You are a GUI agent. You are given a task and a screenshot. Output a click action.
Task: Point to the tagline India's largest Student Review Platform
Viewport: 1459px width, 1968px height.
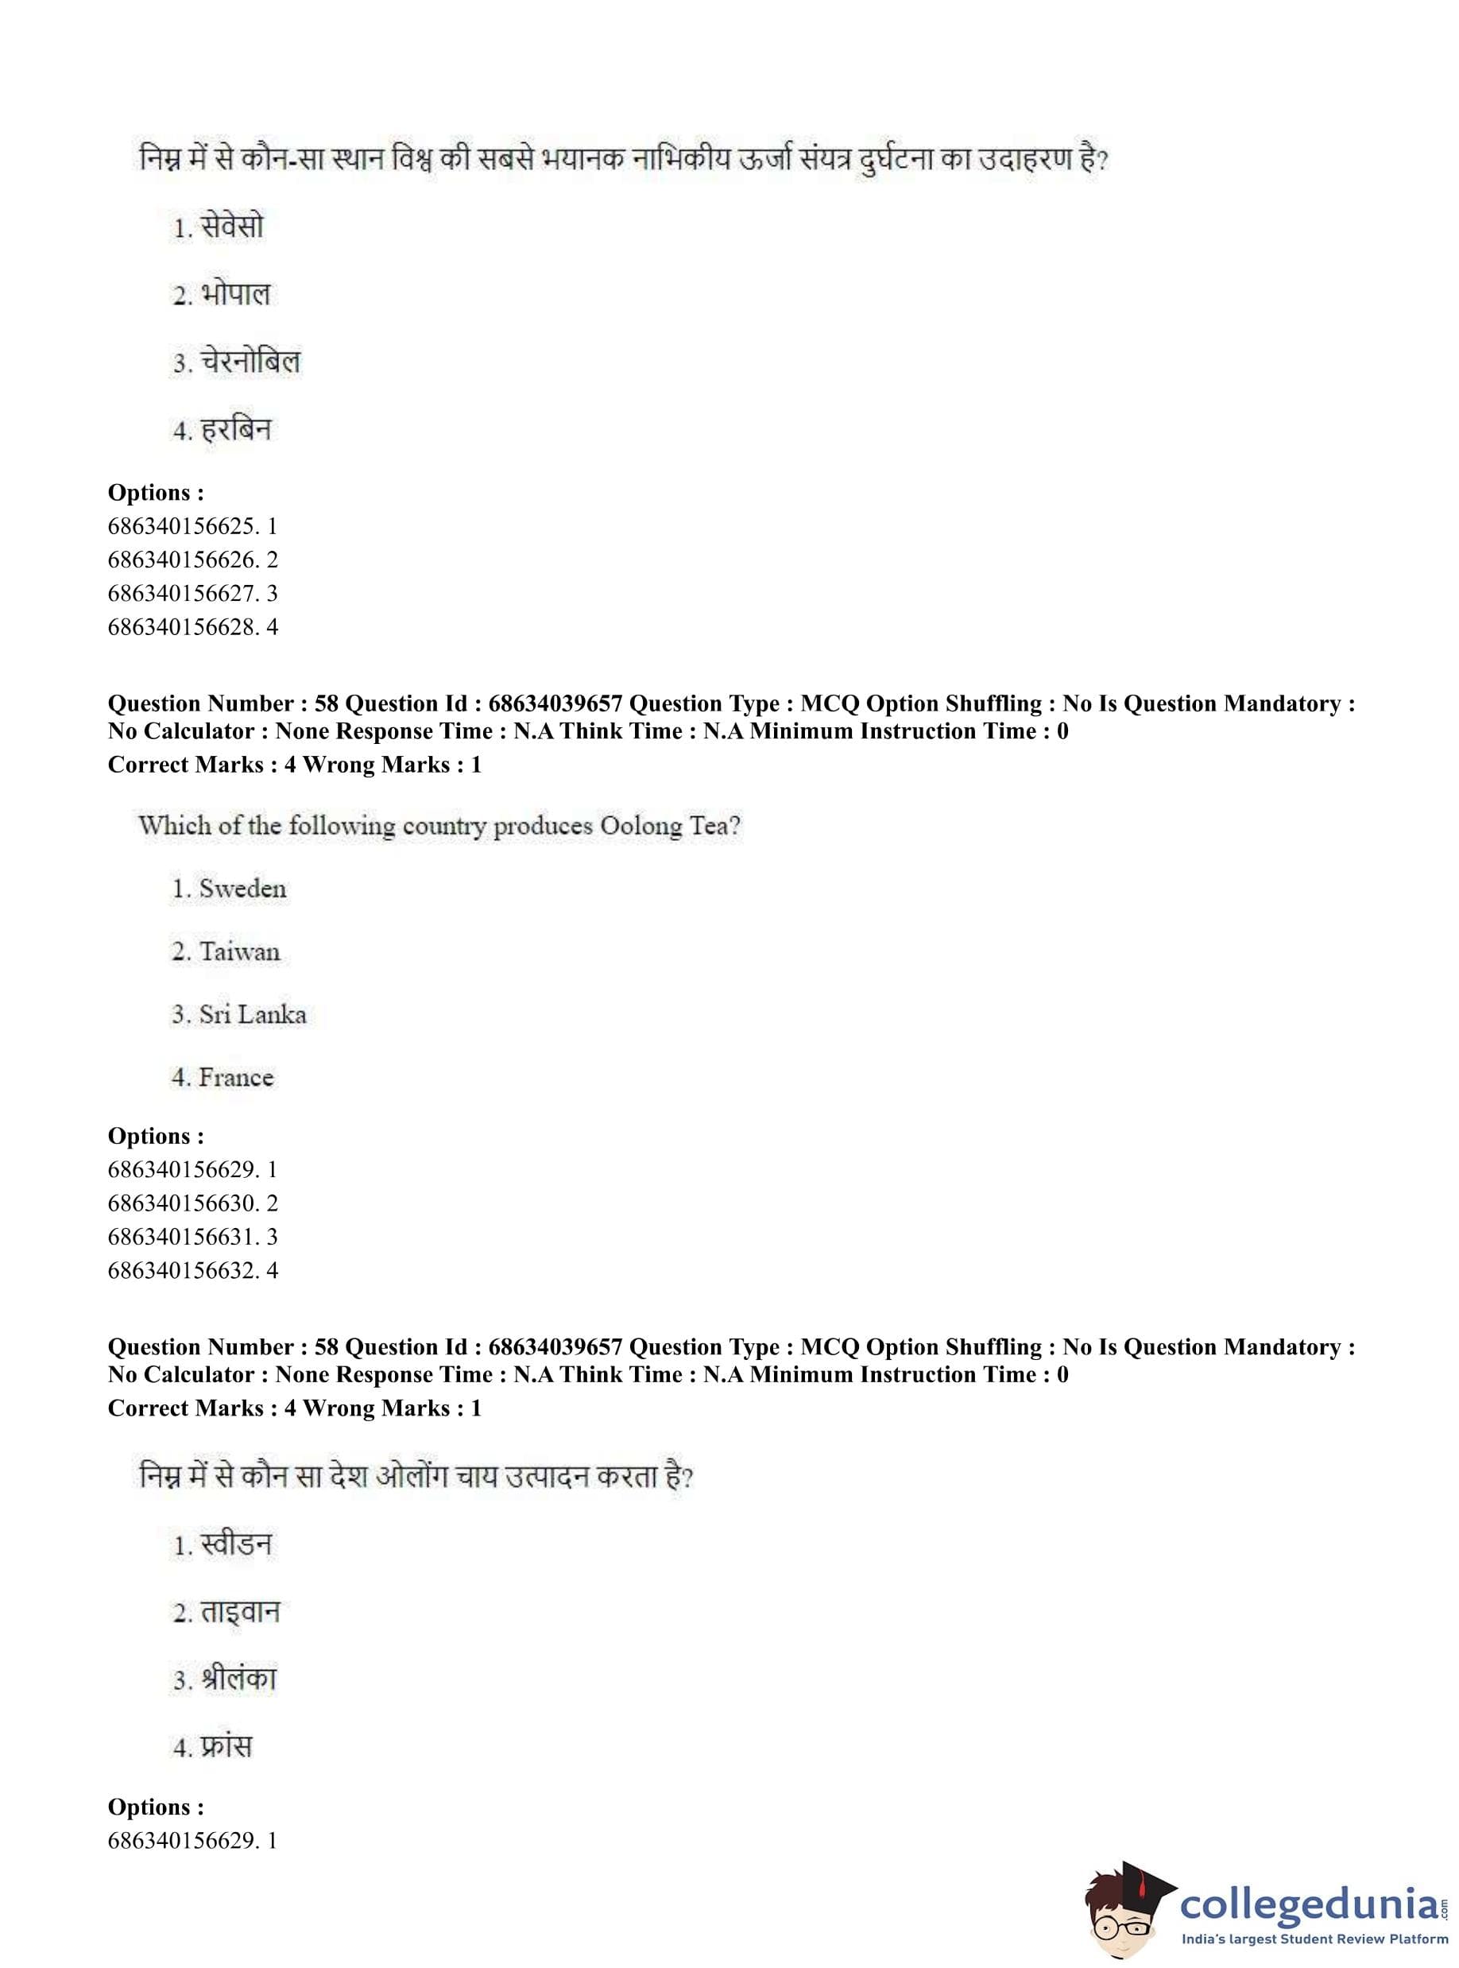pyautogui.click(x=1314, y=1939)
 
